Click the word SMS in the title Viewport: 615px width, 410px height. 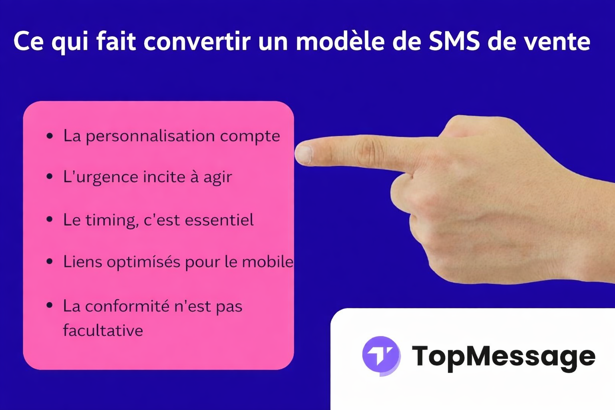pyautogui.click(x=454, y=41)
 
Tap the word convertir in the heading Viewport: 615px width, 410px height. pyautogui.click(x=197, y=41)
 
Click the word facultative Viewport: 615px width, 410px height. pyautogui.click(x=103, y=331)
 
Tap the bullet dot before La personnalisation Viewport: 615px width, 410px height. pyautogui.click(x=50, y=136)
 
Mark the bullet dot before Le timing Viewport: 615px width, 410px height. pyautogui.click(x=50, y=219)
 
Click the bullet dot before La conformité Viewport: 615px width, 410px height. pyautogui.click(x=50, y=305)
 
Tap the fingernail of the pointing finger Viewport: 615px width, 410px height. pyautogui.click(x=303, y=154)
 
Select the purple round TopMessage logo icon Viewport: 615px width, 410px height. pyautogui.click(x=381, y=356)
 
